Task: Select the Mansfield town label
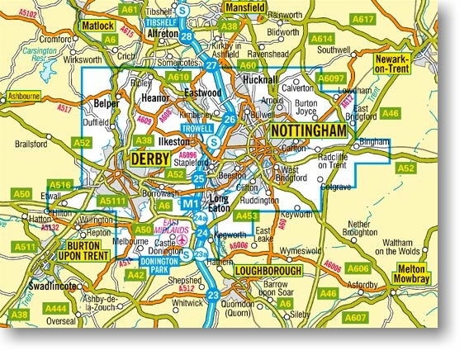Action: pos(268,7)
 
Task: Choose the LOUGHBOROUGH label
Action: pos(269,271)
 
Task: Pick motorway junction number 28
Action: pos(187,37)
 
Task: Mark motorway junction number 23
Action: pos(213,295)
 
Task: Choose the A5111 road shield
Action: pos(110,200)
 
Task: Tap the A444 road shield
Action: pos(57,308)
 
